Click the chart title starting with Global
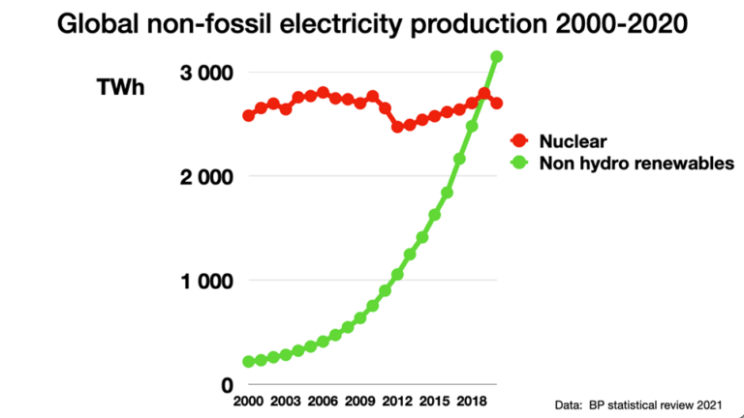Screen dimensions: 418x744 coord(372,24)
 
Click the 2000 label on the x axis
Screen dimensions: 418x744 coord(249,401)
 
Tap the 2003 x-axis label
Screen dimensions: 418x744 coord(286,401)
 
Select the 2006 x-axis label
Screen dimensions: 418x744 coord(323,401)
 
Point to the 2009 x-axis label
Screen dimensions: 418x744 coord(360,401)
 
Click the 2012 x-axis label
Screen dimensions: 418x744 coord(397,401)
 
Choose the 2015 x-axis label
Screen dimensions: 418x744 coord(435,401)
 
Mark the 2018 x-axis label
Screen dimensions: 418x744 coord(472,401)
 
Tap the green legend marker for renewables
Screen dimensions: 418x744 coord(519,163)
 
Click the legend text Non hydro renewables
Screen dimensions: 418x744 coord(624,163)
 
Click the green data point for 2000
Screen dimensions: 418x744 coord(249,362)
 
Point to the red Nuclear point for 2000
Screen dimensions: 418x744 coord(249,115)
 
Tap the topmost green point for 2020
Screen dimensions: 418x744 coord(497,57)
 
